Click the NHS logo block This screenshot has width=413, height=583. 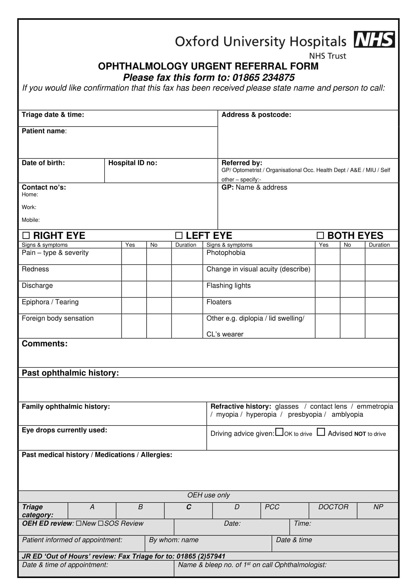374,39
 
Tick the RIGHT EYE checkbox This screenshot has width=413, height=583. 26,235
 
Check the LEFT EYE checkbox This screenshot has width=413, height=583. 179,235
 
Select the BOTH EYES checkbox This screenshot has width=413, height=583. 320,235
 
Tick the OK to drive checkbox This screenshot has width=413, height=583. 279,432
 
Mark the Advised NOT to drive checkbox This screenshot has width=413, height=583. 321,432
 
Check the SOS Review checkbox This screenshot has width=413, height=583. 101,523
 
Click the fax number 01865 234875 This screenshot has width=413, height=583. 263,78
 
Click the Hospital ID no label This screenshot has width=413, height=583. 133,163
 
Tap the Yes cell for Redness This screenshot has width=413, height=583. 134,273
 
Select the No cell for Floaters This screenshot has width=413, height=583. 352,306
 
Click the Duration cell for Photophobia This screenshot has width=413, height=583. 381,256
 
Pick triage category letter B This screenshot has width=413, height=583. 140,507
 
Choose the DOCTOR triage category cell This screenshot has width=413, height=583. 333,507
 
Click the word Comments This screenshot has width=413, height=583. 44,343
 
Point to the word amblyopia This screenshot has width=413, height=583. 347,415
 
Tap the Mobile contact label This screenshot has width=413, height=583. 30,220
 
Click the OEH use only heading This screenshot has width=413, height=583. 208,495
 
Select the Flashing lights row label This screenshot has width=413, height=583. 228,286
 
